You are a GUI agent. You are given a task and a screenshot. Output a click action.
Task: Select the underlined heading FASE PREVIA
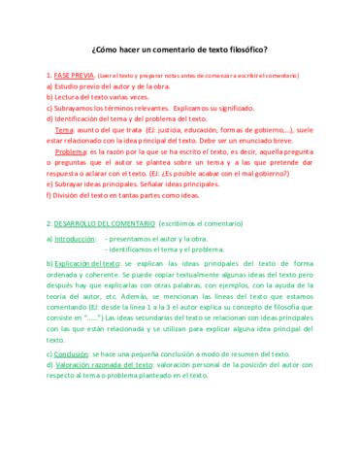click(x=74, y=75)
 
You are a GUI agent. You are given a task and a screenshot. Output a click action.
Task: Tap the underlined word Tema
click(x=64, y=129)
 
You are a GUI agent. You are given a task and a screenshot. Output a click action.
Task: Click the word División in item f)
click(x=68, y=195)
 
